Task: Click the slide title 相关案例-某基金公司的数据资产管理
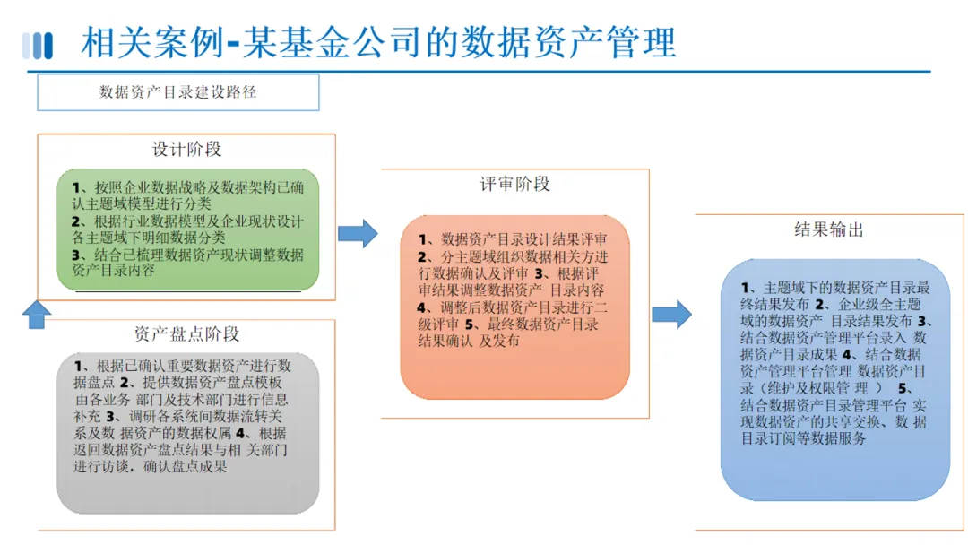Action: click(x=378, y=42)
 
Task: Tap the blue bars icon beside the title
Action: click(x=38, y=45)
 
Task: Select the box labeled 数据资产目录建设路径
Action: click(x=177, y=92)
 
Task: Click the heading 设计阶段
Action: click(x=186, y=149)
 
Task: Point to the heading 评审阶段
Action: click(x=514, y=185)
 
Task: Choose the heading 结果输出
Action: click(x=829, y=229)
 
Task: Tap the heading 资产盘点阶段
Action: click(x=186, y=334)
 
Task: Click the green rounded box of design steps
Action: click(x=187, y=229)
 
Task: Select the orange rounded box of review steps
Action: click(x=514, y=307)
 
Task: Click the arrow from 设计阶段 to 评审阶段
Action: click(x=358, y=233)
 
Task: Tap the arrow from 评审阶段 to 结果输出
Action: click(x=671, y=315)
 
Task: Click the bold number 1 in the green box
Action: click(x=78, y=187)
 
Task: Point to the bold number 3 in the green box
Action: click(x=77, y=255)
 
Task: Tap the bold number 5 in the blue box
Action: click(x=903, y=389)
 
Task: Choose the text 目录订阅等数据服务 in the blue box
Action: click(x=803, y=438)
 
